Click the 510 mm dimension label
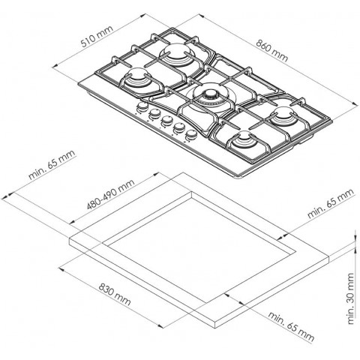coord(97,36)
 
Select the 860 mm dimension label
coord(272,51)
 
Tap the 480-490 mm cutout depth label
coord(110,194)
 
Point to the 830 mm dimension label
coord(115,294)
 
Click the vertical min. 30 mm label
coord(351,298)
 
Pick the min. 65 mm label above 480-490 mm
coord(52,165)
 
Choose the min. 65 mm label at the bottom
coord(291,326)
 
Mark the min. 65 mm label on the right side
coord(331,203)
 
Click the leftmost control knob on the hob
coord(142,107)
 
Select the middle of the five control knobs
coord(166,120)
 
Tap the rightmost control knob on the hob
coord(191,134)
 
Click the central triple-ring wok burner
coord(211,98)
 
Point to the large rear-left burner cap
coord(178,54)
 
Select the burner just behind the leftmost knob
coord(136,78)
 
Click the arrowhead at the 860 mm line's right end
coord(355,104)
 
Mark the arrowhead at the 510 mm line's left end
coord(55,65)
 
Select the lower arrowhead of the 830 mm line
coord(160,325)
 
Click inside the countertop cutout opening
coord(200,247)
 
